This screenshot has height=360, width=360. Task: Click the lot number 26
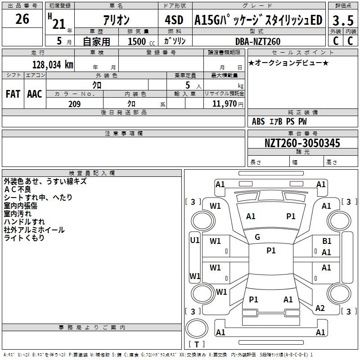[22, 19]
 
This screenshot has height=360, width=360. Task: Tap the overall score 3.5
[343, 20]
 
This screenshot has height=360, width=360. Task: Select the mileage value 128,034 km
[53, 65]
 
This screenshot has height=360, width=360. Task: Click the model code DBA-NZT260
[258, 41]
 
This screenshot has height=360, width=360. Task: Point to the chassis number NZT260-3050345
[302, 143]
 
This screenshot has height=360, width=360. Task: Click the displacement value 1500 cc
[141, 41]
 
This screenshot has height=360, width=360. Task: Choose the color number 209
[74, 104]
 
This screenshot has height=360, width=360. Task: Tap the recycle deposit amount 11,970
[224, 104]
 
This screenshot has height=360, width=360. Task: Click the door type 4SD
[174, 20]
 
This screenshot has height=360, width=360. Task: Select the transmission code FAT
[13, 94]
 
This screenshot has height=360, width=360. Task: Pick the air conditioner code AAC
[35, 94]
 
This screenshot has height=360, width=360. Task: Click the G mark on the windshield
[257, 237]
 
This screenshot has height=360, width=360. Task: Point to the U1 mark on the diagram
[195, 240]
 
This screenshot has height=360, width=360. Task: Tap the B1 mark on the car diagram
[327, 241]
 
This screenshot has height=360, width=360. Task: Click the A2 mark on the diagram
[320, 308]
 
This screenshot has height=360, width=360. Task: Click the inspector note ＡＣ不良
[18, 189]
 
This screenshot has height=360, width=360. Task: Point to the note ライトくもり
[24, 238]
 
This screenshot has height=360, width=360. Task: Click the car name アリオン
[116, 20]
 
